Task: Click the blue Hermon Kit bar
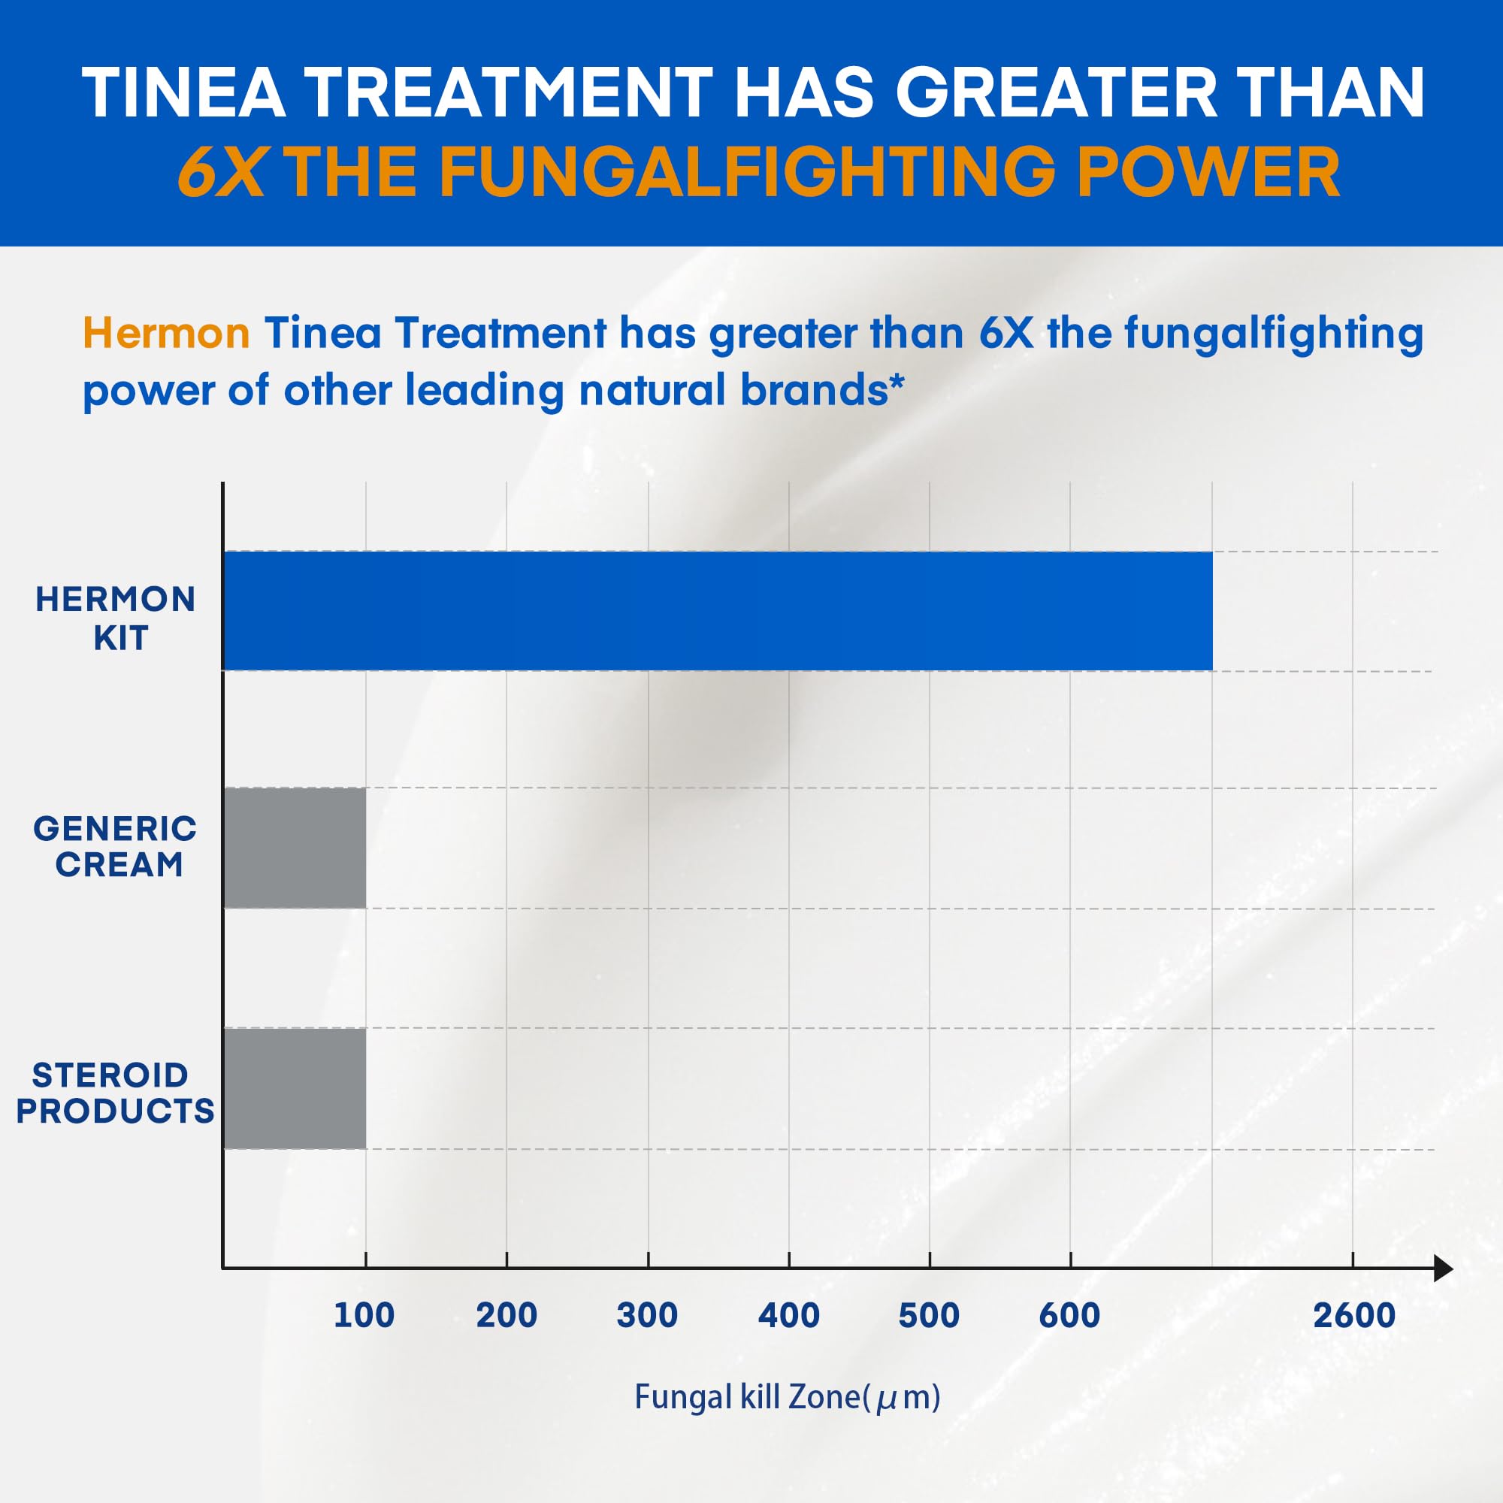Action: [x=717, y=611]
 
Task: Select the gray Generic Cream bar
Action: [x=295, y=847]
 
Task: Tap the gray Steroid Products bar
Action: [x=295, y=1088]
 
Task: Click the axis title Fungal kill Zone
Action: [x=788, y=1397]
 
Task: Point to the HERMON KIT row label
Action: [x=116, y=618]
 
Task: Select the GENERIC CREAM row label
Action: [x=116, y=846]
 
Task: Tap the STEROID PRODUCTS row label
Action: [x=114, y=1093]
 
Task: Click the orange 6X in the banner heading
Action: [x=220, y=173]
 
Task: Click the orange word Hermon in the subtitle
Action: [x=165, y=333]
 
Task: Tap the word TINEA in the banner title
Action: [x=183, y=93]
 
